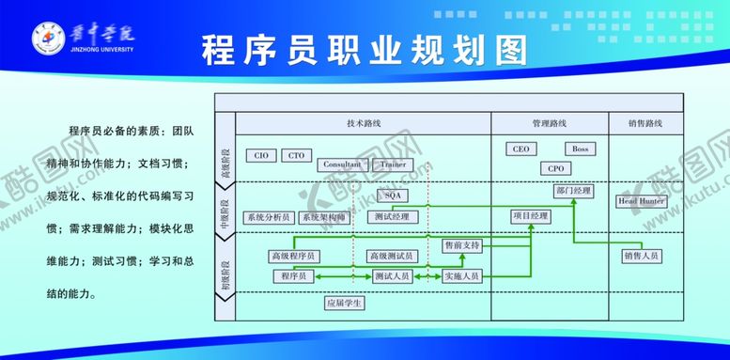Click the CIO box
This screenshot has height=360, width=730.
point(261,155)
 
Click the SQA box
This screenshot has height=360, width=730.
point(392,195)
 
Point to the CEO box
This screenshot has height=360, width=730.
point(521,149)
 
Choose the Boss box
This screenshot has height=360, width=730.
point(580,149)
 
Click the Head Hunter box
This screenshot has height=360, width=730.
point(642,201)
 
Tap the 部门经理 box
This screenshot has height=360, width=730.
point(573,191)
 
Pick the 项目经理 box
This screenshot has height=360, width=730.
point(531,216)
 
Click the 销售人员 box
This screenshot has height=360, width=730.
point(641,255)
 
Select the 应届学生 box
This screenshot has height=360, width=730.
point(344,303)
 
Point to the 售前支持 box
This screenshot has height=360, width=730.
point(461,245)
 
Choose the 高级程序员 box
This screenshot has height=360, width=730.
point(293,256)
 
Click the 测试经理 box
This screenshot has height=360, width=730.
point(391,216)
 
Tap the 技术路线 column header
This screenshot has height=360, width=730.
point(363,123)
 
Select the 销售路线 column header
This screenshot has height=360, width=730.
point(645,123)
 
